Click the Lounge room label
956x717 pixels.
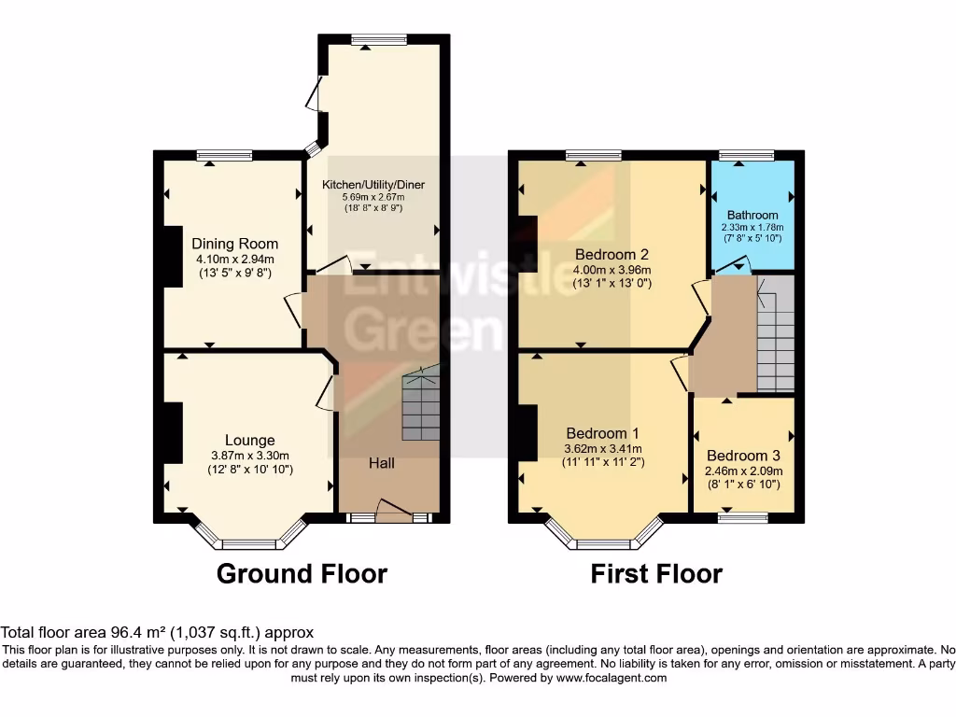click(x=249, y=440)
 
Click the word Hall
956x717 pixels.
click(x=381, y=463)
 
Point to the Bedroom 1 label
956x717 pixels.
click(x=602, y=433)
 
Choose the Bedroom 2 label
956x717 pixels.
click(x=612, y=254)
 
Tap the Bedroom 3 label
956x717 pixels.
click(x=743, y=457)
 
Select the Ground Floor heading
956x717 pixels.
click(x=302, y=573)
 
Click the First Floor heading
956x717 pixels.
click(x=656, y=573)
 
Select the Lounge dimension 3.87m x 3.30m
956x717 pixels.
click(x=250, y=456)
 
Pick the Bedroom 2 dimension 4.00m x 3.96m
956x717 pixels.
click(x=612, y=270)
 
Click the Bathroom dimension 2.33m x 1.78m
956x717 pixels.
click(x=752, y=227)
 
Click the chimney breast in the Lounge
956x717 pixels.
click(x=173, y=431)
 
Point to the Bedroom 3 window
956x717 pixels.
click(x=744, y=516)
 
